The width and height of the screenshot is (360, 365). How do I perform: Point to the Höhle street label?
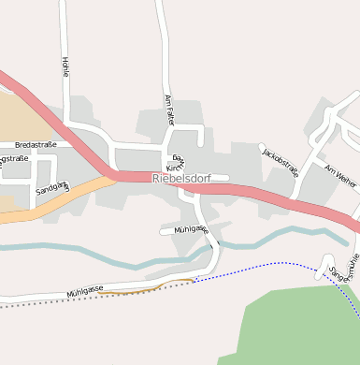coord(65,67)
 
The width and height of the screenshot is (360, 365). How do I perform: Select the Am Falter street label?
coord(169,110)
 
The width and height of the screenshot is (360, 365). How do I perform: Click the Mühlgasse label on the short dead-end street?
coord(190,228)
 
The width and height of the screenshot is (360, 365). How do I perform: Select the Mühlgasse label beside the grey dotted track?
coord(84,292)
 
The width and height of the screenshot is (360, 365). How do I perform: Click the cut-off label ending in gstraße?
coord(13,159)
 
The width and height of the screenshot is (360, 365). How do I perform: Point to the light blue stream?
coord(103,252)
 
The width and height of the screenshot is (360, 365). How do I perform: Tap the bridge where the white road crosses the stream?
coord(214,249)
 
